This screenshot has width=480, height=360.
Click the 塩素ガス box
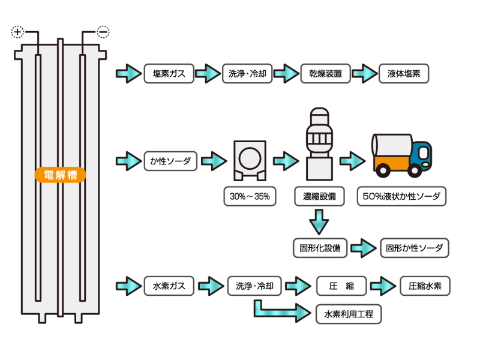(x=170, y=74)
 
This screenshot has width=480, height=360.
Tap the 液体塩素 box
(x=404, y=74)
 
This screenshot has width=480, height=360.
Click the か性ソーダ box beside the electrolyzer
(x=170, y=161)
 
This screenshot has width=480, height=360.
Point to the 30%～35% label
(x=250, y=196)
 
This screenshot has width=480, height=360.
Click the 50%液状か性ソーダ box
(x=401, y=196)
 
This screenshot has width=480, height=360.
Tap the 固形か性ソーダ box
(x=415, y=248)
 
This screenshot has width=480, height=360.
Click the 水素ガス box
(x=170, y=286)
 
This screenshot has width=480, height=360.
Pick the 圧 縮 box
(x=341, y=286)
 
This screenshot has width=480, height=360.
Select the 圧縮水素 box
(x=425, y=286)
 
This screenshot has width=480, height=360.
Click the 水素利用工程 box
(x=348, y=314)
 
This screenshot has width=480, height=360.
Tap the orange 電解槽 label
(x=61, y=175)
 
